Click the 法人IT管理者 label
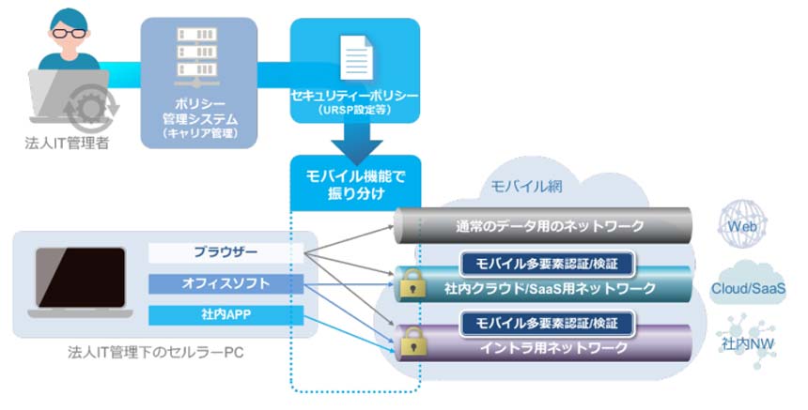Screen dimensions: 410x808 [66, 143]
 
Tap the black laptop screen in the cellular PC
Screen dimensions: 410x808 [81, 279]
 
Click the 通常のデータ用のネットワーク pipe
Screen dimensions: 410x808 [545, 225]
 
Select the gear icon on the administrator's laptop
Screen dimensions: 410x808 [91, 109]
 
